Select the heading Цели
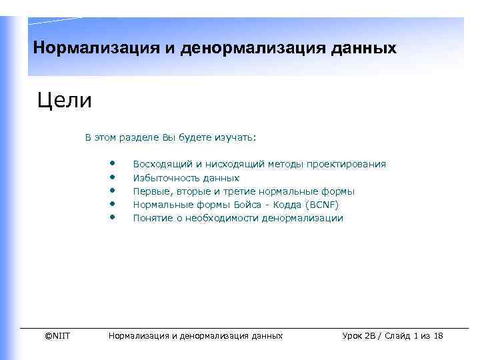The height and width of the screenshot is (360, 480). click(65, 102)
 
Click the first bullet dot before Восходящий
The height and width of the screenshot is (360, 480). click(113, 162)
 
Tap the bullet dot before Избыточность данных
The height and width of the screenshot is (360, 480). click(113, 176)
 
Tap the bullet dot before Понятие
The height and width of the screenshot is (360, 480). click(113, 216)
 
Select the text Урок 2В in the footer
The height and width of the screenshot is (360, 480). click(359, 335)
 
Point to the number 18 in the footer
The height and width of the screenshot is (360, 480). click(437, 335)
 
